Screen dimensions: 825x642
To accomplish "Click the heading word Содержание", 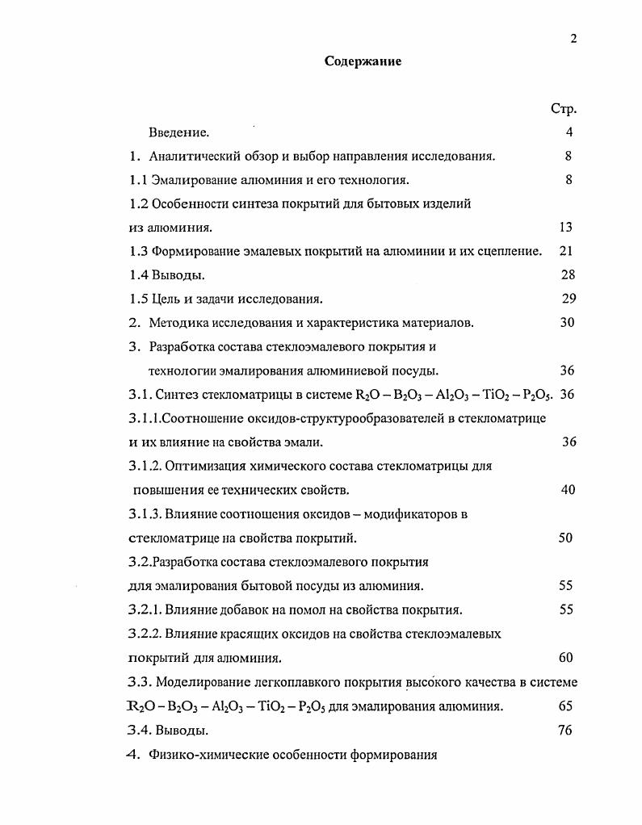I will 363,61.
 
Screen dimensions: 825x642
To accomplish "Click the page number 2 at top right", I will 573,38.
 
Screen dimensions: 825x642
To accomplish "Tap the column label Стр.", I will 563,109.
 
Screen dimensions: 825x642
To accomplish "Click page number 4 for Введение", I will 569,132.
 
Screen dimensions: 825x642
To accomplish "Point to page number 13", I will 565,228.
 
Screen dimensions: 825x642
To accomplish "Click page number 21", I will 565,252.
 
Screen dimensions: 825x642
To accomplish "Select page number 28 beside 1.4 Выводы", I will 567,275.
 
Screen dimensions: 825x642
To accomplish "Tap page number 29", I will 569,299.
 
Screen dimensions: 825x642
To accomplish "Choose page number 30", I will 567,323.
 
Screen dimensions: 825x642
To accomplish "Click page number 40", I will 567,490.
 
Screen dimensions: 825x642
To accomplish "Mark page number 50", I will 565,538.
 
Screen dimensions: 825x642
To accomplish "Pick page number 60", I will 565,658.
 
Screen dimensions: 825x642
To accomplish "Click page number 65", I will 565,706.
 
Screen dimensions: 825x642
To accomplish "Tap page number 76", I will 565,731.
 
